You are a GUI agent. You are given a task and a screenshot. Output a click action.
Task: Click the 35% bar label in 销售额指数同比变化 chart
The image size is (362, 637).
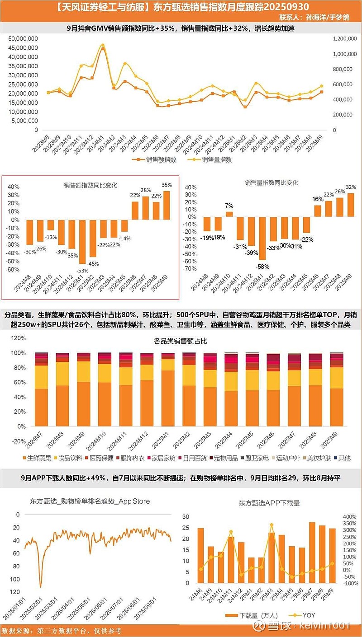pyautogui.click(x=167, y=185)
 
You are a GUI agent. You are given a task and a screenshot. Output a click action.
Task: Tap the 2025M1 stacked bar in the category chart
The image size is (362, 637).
pyautogui.click(x=168, y=389)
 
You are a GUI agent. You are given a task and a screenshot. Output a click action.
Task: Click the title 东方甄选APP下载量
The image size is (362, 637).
pyautogui.click(x=269, y=503)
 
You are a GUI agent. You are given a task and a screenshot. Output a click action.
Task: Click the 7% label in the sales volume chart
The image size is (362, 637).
pyautogui.click(x=229, y=206)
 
